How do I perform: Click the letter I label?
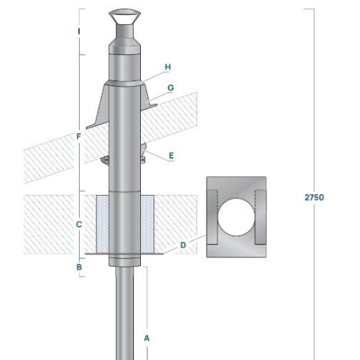(79, 31)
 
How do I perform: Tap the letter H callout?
(167, 67)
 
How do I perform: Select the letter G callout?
(171, 88)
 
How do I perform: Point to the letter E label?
(171, 156)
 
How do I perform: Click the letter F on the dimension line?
(79, 136)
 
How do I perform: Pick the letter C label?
(79, 225)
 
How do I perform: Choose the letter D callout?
(183, 245)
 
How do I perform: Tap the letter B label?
(79, 267)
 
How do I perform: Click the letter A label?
(146, 338)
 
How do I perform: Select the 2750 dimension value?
(315, 197)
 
